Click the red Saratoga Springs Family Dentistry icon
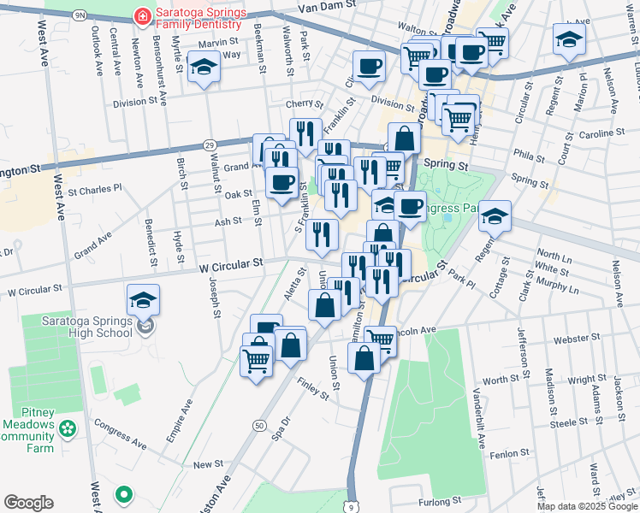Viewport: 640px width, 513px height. pos(140,16)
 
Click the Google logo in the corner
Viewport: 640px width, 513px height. pos(28,503)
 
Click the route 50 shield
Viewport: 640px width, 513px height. pos(258,425)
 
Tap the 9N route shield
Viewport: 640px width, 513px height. pos(80,15)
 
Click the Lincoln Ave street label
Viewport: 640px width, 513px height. pos(415,329)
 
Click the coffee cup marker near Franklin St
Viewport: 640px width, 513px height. pos(369,66)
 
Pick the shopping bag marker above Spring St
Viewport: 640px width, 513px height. pos(404,139)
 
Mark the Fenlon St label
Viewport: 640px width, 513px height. pos(513,455)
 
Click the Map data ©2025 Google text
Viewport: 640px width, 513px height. pos(586,506)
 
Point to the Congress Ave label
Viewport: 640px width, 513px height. pos(120,433)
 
